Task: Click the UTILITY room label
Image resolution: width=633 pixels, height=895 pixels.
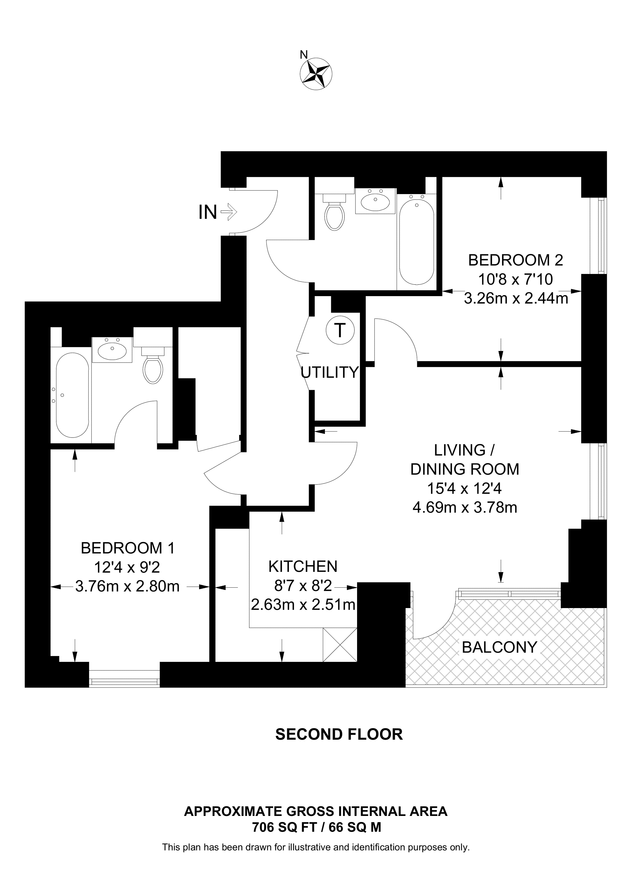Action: click(x=329, y=373)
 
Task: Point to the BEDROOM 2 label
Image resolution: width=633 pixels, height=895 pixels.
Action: click(x=516, y=260)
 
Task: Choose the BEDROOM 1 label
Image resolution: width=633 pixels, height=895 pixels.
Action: click(x=127, y=548)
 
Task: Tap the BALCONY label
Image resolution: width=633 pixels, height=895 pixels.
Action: click(x=499, y=647)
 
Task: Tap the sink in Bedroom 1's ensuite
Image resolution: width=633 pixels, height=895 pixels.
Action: click(x=112, y=350)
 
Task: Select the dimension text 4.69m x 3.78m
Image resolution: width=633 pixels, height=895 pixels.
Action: click(x=465, y=507)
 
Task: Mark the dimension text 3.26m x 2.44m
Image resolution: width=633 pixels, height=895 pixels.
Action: click(x=516, y=299)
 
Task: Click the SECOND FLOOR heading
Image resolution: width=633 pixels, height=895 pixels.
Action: click(x=339, y=734)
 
